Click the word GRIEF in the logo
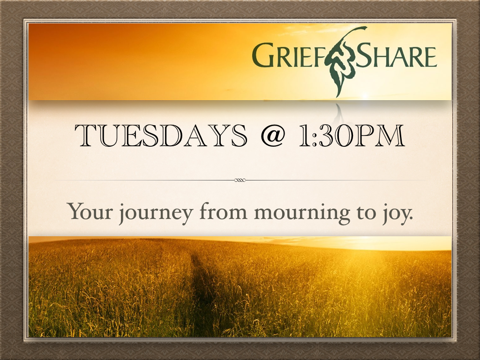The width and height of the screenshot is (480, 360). click(288, 55)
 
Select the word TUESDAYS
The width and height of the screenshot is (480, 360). click(161, 135)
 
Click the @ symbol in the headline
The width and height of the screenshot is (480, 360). click(273, 135)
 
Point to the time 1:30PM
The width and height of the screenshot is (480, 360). click(352, 135)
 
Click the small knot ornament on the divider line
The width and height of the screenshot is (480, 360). click(240, 180)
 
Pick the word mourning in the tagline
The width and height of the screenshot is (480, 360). click(302, 213)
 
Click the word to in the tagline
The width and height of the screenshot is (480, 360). click(366, 212)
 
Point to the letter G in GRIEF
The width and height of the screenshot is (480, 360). click(263, 55)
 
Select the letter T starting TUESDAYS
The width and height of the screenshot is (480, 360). click(86, 135)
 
